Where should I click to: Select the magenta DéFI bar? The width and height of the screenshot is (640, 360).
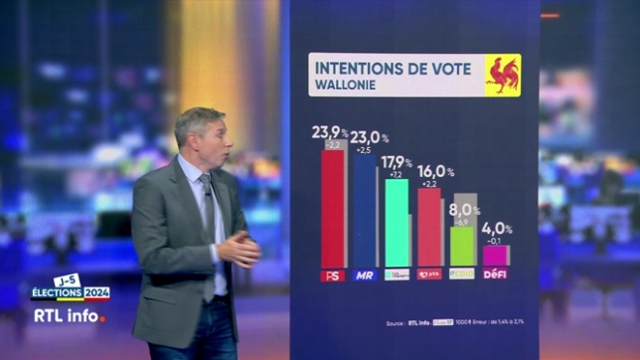pyautogui.click(x=494, y=256)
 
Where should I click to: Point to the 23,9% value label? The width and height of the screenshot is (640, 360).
pyautogui.click(x=330, y=132)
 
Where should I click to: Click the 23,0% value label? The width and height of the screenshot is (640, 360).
pyautogui.click(x=368, y=137)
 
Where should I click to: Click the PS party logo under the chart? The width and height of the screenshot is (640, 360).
pyautogui.click(x=333, y=274)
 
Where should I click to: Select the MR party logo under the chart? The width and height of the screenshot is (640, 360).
pyautogui.click(x=365, y=274)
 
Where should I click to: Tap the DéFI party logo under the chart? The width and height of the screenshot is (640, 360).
pyautogui.click(x=494, y=273)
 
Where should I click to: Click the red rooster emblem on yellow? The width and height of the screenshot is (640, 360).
pyautogui.click(x=502, y=75)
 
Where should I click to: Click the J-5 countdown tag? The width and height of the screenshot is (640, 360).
pyautogui.click(x=67, y=280)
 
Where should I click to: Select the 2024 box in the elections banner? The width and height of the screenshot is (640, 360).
pyautogui.click(x=95, y=293)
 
